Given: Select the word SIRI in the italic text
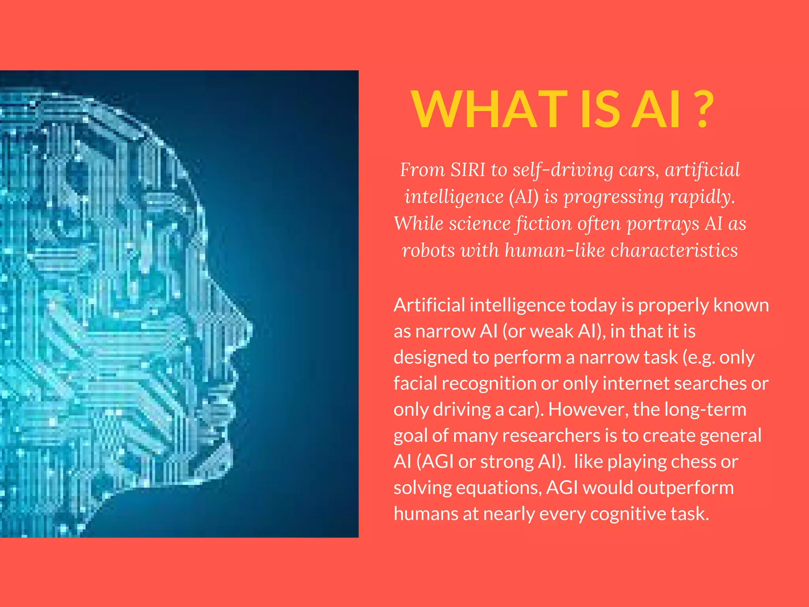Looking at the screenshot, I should pos(468,170).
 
